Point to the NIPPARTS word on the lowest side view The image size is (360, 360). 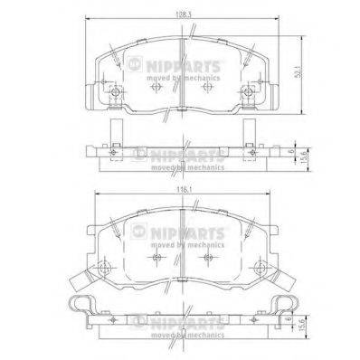pos(182,318)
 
